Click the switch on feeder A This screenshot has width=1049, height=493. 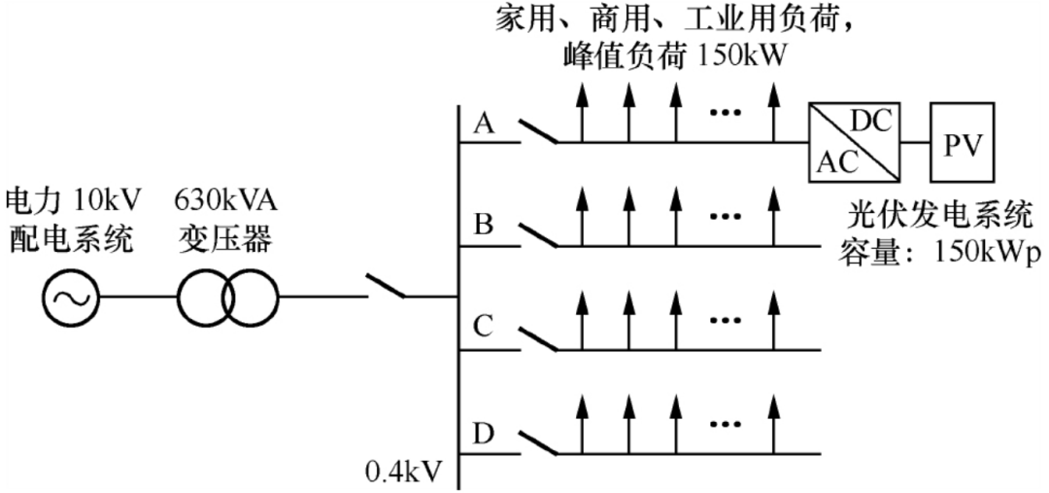tap(538, 131)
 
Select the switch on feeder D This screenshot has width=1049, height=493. tap(538, 442)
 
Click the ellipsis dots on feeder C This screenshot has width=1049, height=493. tap(727, 322)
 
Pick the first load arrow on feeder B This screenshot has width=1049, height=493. tap(582, 217)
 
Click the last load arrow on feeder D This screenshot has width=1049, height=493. tap(774, 424)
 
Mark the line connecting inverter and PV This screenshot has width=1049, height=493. tap(916, 142)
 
